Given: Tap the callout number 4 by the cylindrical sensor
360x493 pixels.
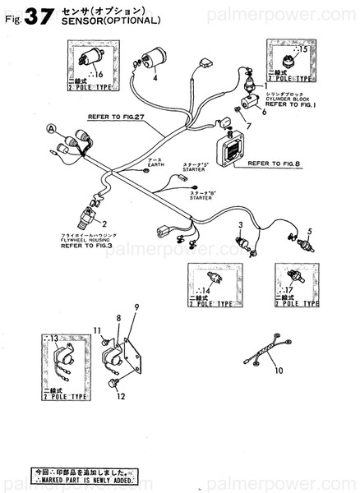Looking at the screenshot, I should [x=154, y=79].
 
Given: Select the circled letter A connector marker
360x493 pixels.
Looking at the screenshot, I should [x=52, y=129].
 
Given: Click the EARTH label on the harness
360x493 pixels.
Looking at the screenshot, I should [x=150, y=164].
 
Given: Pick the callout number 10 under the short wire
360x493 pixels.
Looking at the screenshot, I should [x=279, y=371].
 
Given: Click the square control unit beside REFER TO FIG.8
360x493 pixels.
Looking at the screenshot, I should [x=213, y=150].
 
